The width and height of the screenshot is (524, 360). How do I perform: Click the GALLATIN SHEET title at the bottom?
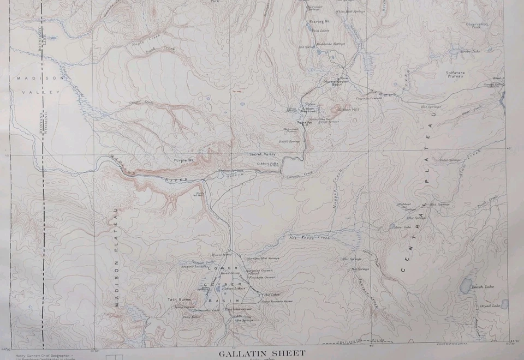262,353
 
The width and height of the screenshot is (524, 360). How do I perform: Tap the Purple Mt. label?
184,160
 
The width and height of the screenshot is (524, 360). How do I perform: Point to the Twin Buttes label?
179,300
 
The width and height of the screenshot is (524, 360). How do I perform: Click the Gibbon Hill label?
348,110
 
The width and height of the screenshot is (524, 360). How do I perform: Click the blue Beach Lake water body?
466,285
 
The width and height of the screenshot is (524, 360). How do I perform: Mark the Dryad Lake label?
490,305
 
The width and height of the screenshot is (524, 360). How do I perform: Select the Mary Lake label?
402,227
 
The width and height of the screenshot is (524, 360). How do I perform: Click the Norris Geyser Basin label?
329,83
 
